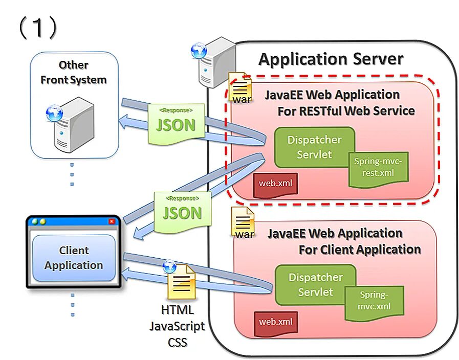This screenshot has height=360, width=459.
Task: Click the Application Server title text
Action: (x=331, y=59)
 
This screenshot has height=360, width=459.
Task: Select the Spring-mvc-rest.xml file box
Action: (x=379, y=168)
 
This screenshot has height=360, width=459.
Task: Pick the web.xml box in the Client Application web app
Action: (x=275, y=322)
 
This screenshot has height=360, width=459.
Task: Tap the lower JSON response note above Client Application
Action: (x=182, y=211)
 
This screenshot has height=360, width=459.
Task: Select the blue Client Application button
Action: (x=74, y=258)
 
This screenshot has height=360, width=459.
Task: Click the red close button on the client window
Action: (x=112, y=221)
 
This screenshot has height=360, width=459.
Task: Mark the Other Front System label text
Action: (x=74, y=73)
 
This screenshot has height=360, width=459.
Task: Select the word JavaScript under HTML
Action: (x=177, y=326)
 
